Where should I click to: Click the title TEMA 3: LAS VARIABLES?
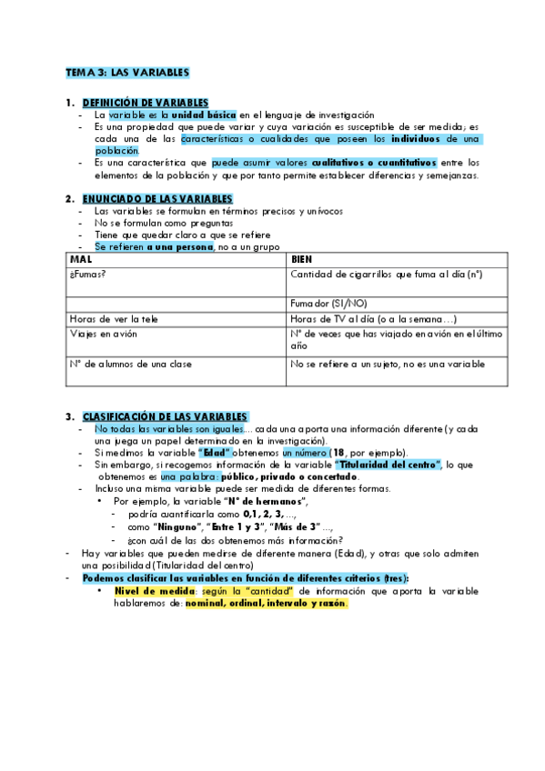[x=126, y=71]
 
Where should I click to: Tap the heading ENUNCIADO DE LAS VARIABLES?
[x=157, y=198]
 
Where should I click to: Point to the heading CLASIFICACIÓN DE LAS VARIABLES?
[x=165, y=416]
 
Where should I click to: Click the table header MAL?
[x=81, y=259]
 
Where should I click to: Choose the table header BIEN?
[x=301, y=259]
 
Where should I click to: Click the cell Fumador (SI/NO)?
[x=329, y=303]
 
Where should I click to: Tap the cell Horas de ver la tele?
[x=113, y=318]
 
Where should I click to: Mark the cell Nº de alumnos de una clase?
[x=130, y=364]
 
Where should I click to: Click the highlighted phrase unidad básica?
[x=205, y=115]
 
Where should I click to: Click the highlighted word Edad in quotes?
[x=215, y=452]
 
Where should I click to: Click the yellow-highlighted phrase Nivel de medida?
[x=156, y=589]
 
